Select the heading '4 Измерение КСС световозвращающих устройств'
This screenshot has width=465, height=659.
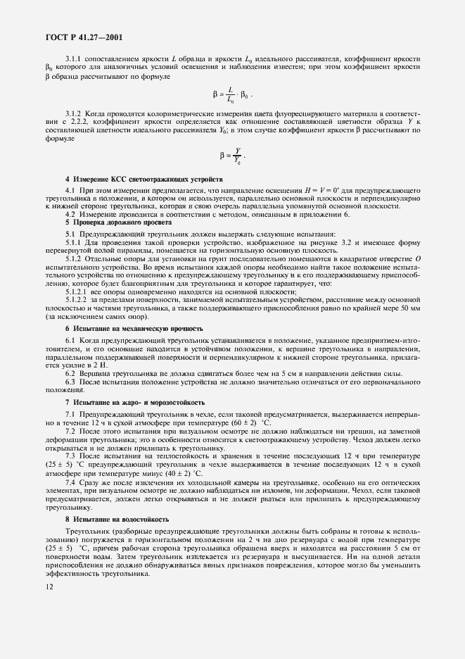pyautogui.click(x=144, y=180)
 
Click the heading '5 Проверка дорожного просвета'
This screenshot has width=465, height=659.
pyautogui.click(x=114, y=223)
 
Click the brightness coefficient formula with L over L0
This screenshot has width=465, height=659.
pyautogui.click(x=231, y=94)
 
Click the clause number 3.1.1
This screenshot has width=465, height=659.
pyautogui.click(x=75, y=59)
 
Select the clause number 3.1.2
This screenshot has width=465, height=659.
pyautogui.click(x=75, y=113)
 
